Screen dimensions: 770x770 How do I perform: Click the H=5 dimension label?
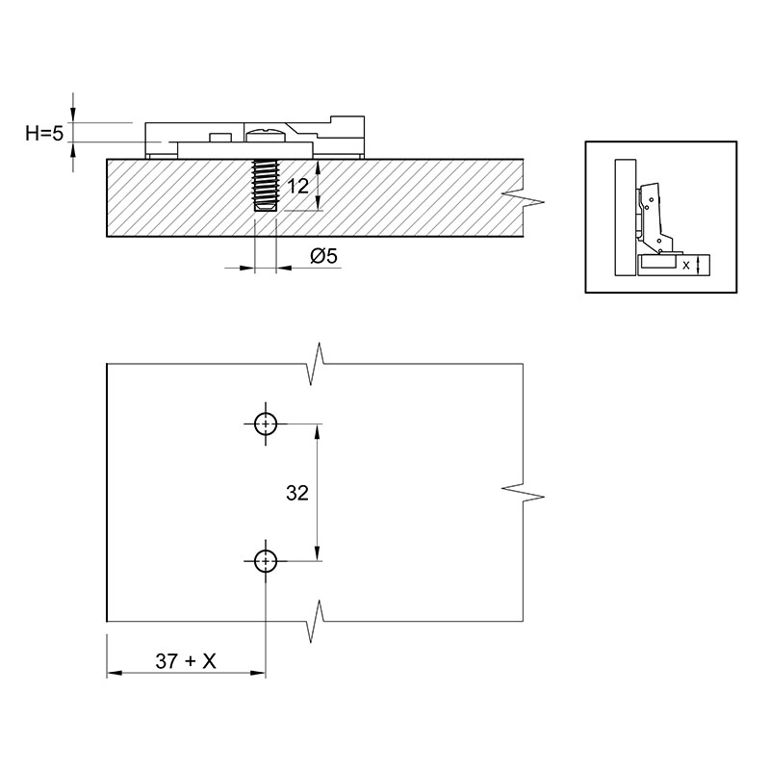tap(44, 133)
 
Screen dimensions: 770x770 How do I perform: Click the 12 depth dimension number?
tap(298, 187)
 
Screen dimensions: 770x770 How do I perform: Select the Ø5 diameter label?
tap(324, 256)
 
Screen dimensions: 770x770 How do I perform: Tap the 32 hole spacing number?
tap(297, 493)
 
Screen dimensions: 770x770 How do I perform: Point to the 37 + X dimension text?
tap(186, 661)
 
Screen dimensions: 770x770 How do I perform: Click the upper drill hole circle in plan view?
tap(266, 423)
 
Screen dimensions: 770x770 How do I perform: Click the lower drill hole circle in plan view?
tap(266, 561)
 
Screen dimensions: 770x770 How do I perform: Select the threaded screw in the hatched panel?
tap(266, 185)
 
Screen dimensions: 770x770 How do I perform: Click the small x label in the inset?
tap(686, 266)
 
